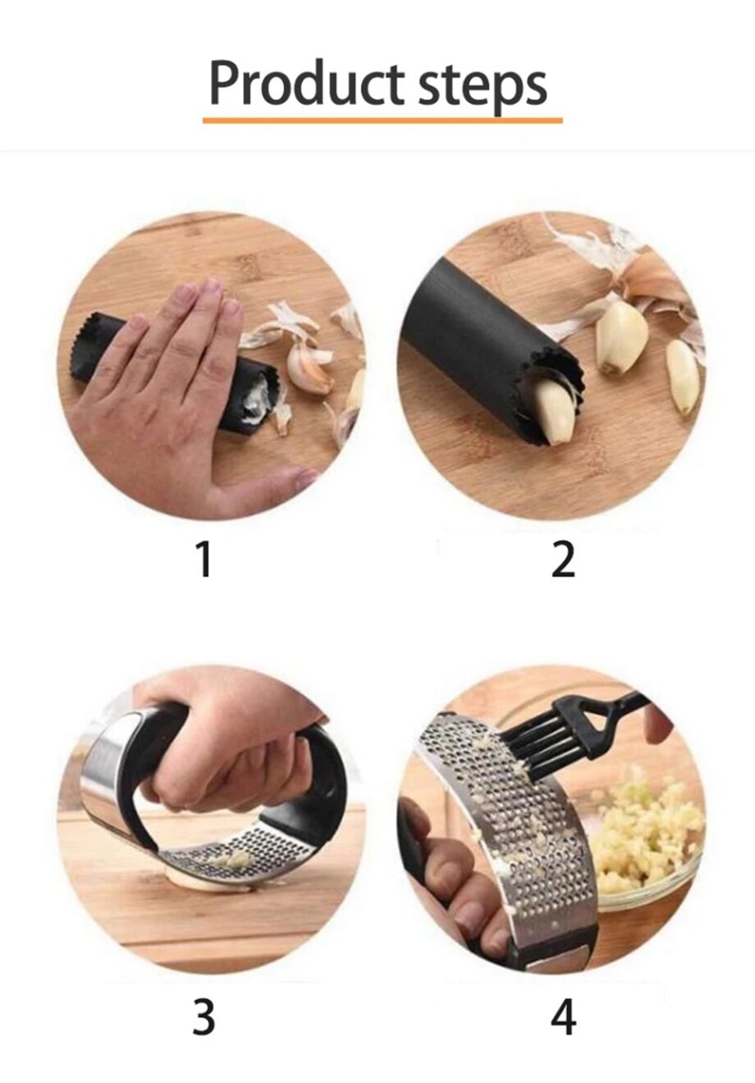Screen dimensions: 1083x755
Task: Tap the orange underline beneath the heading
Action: [x=382, y=121]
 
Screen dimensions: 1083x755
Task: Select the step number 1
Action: [x=204, y=560]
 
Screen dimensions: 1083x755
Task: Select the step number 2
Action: [x=563, y=560]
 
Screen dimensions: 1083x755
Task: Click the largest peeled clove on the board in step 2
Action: [x=620, y=336]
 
